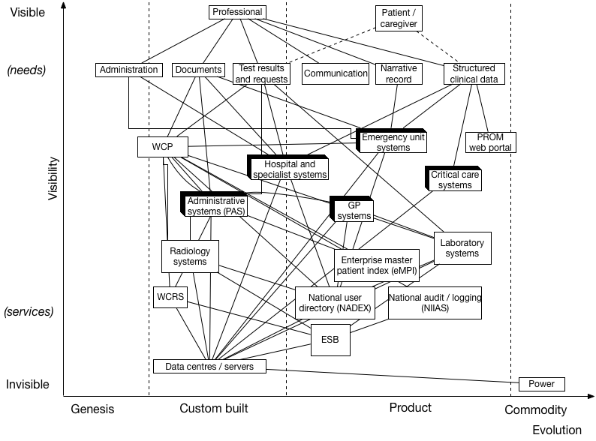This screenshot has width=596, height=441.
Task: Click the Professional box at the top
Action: tap(237, 12)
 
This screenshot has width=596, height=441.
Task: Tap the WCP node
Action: tap(162, 146)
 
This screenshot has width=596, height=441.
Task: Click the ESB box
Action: tap(330, 340)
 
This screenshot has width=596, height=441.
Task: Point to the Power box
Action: tap(541, 384)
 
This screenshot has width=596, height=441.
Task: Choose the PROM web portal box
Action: tap(491, 142)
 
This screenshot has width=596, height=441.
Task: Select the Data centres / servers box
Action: tap(209, 366)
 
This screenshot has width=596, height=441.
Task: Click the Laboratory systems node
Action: tap(462, 248)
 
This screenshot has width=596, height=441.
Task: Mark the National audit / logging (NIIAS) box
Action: tap(435, 302)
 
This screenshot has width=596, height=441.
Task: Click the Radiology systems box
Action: tap(190, 256)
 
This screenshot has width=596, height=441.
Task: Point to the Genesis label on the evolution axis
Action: tap(92, 409)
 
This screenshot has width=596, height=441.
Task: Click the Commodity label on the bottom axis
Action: tap(535, 410)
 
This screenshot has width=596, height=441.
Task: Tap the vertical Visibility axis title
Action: tap(53, 178)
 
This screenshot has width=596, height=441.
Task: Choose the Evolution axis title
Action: tap(556, 430)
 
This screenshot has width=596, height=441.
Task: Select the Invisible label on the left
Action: tap(28, 384)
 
